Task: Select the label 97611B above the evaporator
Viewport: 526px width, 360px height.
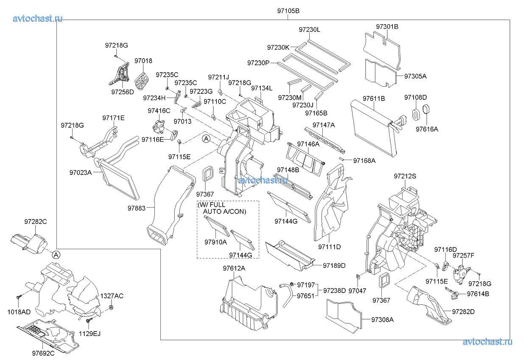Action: (374, 98)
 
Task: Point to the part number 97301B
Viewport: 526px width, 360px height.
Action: (387, 27)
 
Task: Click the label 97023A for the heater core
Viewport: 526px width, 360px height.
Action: (81, 172)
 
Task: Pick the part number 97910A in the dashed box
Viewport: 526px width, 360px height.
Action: (215, 242)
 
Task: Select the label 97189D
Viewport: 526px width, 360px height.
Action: (334, 266)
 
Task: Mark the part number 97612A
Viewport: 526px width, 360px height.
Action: (234, 268)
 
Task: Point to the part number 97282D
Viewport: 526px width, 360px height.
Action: (463, 312)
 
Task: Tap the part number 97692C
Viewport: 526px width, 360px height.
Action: (43, 353)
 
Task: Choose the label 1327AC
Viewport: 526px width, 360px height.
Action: (112, 295)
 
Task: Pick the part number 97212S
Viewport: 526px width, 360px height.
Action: (405, 176)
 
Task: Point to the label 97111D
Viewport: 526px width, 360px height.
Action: (329, 247)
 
